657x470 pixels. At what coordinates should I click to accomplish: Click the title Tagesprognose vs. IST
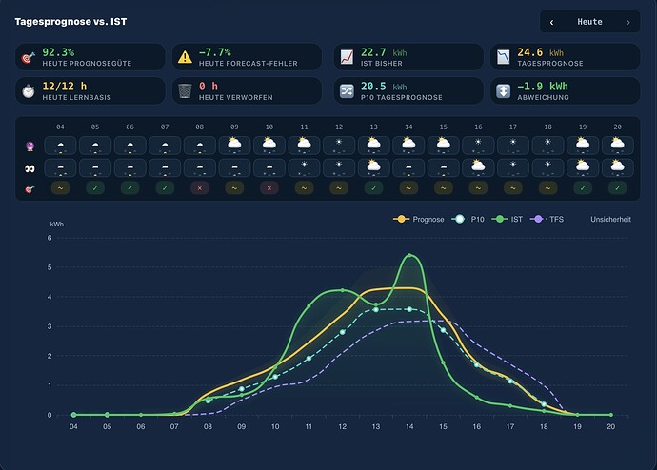click(x=70, y=22)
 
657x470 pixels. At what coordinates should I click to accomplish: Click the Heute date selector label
click(x=589, y=22)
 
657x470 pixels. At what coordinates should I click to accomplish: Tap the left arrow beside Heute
click(x=551, y=22)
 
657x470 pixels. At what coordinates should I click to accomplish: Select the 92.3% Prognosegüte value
click(x=58, y=52)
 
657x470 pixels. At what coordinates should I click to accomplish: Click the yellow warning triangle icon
click(x=185, y=57)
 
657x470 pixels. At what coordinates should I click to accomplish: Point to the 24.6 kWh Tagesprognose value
click(x=540, y=52)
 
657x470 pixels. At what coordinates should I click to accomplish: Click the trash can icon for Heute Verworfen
click(x=185, y=90)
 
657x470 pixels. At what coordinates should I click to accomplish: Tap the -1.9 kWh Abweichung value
click(x=543, y=87)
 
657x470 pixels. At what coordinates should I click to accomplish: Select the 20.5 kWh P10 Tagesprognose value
click(x=384, y=87)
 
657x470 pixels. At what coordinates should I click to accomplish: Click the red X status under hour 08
click(x=199, y=188)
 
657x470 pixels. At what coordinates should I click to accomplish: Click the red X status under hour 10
click(x=269, y=188)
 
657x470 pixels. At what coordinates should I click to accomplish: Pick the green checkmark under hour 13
click(x=373, y=188)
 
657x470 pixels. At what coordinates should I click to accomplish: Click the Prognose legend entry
click(x=419, y=219)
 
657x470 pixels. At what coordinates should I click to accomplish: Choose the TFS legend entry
click(x=547, y=219)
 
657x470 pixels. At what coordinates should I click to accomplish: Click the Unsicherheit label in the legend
click(x=610, y=219)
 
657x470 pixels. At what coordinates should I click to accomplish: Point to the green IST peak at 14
click(x=409, y=255)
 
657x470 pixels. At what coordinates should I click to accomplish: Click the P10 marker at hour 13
click(x=376, y=310)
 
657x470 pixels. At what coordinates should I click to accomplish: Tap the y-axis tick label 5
click(x=50, y=267)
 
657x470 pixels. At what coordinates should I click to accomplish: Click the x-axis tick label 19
click(x=577, y=426)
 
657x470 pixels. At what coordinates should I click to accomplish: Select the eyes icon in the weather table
click(x=30, y=168)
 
